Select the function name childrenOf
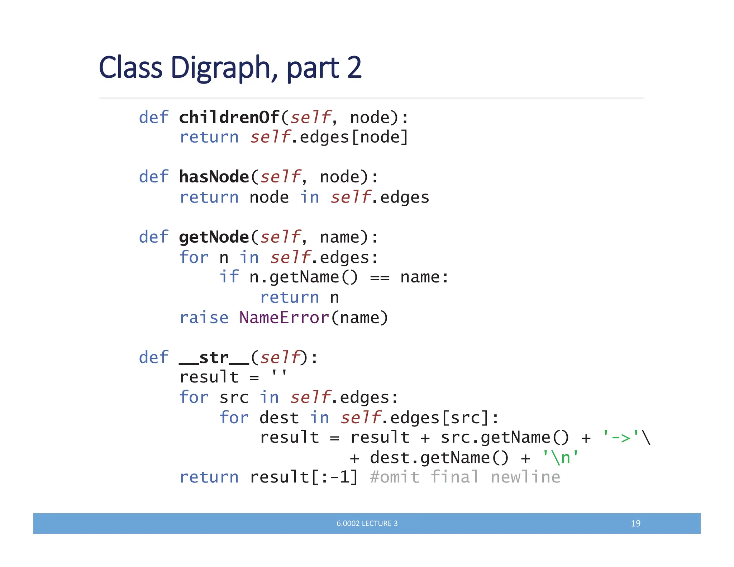[229, 117]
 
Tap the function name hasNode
[214, 177]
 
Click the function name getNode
[214, 237]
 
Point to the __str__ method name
[214, 357]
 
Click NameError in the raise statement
[284, 318]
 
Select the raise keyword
[204, 318]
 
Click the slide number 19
[635, 523]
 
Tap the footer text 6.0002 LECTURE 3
[367, 523]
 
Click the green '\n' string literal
[561, 457]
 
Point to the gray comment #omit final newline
[465, 477]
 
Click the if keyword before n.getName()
[229, 277]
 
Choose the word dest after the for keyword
[279, 418]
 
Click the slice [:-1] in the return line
[334, 477]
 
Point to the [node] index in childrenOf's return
[380, 137]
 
